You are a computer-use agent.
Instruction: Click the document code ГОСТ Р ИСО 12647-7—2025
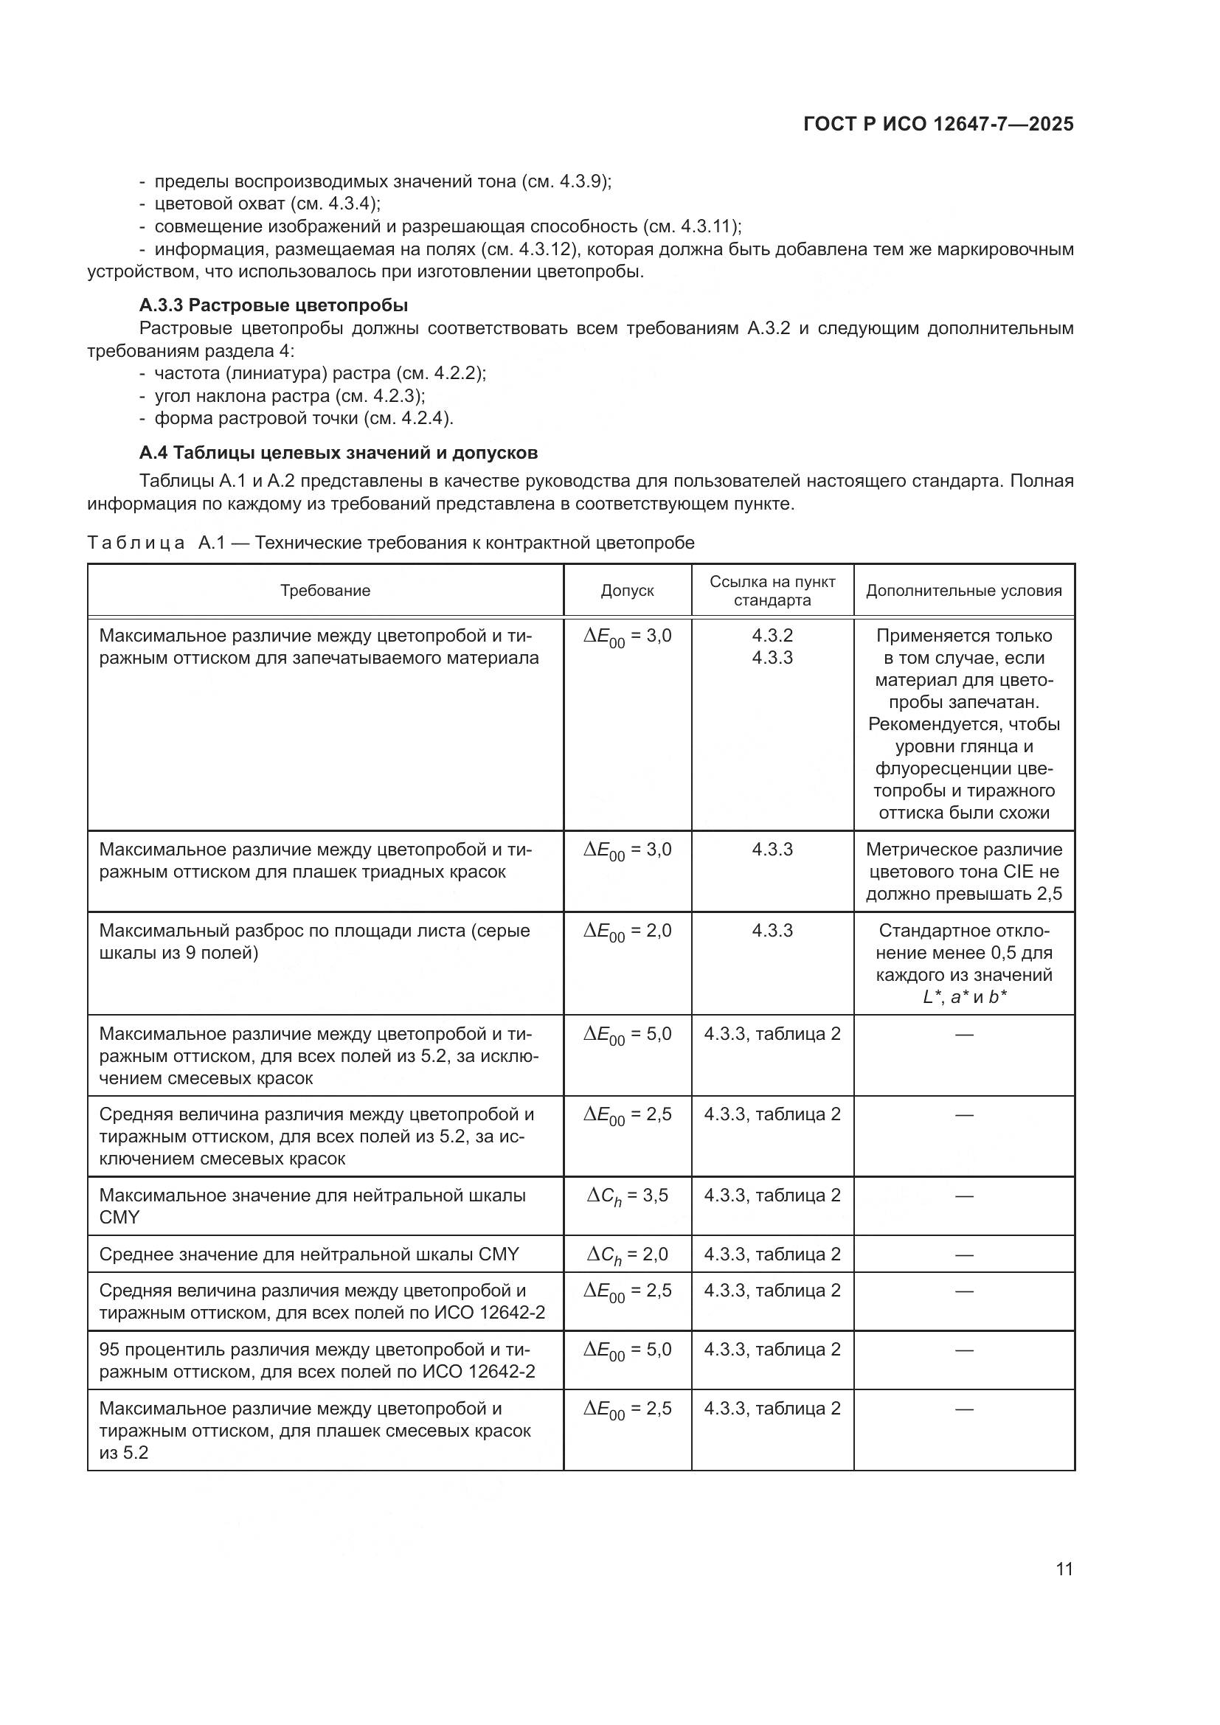937,124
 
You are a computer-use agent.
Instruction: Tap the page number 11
1064,1569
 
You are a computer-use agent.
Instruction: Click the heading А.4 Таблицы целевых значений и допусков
338,452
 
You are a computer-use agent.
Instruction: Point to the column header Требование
325,591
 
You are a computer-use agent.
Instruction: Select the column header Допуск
627,591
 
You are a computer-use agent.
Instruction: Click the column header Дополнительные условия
964,591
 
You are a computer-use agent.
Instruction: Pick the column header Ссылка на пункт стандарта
772,591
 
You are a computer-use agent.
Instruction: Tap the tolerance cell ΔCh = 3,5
627,1196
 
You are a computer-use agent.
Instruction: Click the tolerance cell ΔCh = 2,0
627,1254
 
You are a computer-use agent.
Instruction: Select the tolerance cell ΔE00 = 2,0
627,931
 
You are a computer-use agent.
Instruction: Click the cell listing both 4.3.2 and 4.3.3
772,646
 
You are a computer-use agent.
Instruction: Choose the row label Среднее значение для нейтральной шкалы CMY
309,1254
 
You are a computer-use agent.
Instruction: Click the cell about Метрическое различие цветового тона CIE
964,872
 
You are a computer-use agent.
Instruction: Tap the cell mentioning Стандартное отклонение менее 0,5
964,963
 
